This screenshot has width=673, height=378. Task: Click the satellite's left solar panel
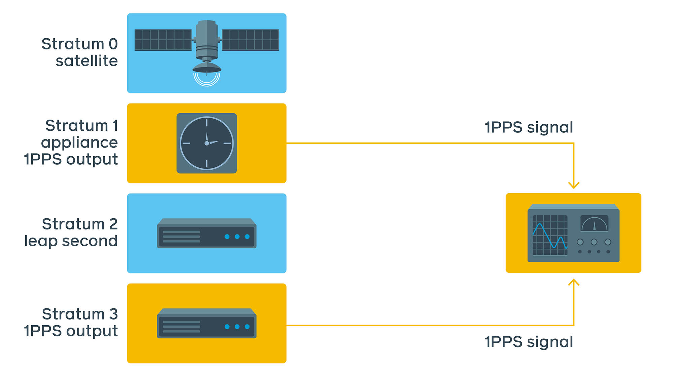163,40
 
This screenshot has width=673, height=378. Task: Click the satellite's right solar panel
250,40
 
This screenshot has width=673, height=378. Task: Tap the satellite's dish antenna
207,68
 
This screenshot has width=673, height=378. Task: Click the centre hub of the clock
207,143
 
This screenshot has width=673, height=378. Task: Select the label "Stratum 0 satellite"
80,52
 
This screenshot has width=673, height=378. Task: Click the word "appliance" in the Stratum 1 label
79,142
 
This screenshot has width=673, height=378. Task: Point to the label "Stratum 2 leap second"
71,233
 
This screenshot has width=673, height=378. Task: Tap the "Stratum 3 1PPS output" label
71,323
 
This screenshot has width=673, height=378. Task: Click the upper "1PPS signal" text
529,127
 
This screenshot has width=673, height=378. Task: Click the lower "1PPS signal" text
529,342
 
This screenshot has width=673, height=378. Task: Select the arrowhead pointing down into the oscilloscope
574,185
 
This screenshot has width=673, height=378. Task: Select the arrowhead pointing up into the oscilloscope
574,283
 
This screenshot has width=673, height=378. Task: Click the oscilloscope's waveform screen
550,235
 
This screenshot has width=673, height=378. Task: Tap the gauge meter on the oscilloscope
594,223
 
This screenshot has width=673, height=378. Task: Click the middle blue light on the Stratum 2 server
237,237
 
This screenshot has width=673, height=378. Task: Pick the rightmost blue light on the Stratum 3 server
247,327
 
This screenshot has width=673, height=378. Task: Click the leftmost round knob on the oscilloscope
580,242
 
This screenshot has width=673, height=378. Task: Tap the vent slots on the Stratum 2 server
181,237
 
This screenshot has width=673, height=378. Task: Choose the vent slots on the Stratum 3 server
181,327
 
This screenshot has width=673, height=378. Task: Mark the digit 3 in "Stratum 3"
113,314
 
